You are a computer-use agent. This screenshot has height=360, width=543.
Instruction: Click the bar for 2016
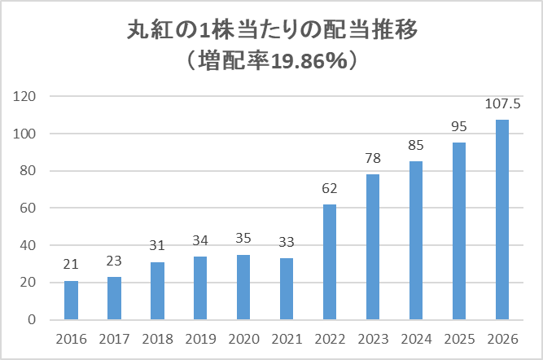click(x=72, y=300)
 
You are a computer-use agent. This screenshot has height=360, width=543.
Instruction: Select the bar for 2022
click(x=329, y=261)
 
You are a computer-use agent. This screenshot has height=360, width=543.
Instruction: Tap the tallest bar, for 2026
click(x=502, y=219)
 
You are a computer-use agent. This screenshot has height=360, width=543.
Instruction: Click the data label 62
click(x=329, y=189)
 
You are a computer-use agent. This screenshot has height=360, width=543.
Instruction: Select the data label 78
click(x=372, y=160)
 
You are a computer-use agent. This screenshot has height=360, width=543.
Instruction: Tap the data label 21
click(x=72, y=266)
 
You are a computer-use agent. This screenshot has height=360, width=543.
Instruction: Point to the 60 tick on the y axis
click(x=29, y=209)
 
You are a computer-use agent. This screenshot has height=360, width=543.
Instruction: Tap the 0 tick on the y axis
click(x=33, y=320)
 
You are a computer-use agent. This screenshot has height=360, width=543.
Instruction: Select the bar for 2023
click(x=372, y=247)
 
